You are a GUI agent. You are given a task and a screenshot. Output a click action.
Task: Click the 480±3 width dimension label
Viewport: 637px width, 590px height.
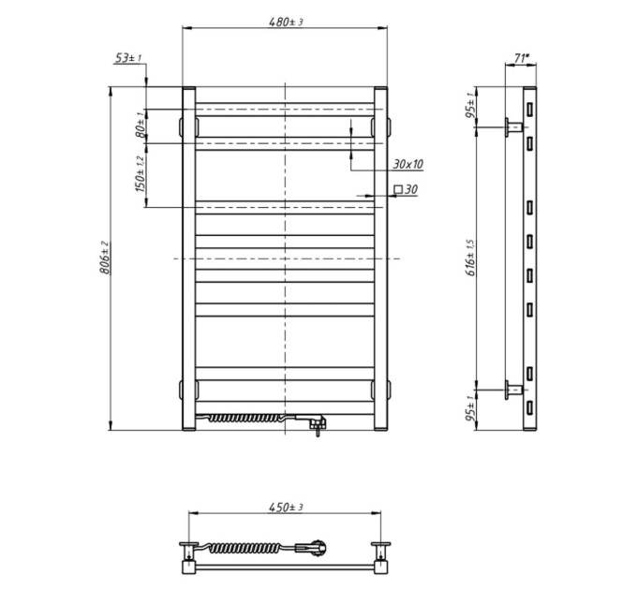(x=286, y=22)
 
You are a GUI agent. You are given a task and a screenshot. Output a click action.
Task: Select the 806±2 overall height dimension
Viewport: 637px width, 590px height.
(x=105, y=258)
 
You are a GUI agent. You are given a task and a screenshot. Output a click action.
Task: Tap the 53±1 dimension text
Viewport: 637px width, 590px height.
(x=128, y=58)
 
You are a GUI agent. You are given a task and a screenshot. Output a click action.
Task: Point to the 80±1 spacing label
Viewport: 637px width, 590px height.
(x=141, y=125)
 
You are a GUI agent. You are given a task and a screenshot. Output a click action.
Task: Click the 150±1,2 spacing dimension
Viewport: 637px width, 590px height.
(x=140, y=174)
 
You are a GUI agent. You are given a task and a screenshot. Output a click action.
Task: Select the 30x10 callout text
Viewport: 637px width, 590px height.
(x=407, y=164)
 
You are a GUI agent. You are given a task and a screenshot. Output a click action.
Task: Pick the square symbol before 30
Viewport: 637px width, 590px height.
(x=398, y=189)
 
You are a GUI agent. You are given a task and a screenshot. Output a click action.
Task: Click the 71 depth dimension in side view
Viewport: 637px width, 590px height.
(x=521, y=58)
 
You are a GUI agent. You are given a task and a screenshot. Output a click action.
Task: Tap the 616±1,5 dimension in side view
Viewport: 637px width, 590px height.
(x=471, y=258)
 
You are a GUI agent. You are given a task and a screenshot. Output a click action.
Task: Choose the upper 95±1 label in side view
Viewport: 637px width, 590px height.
(x=470, y=105)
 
